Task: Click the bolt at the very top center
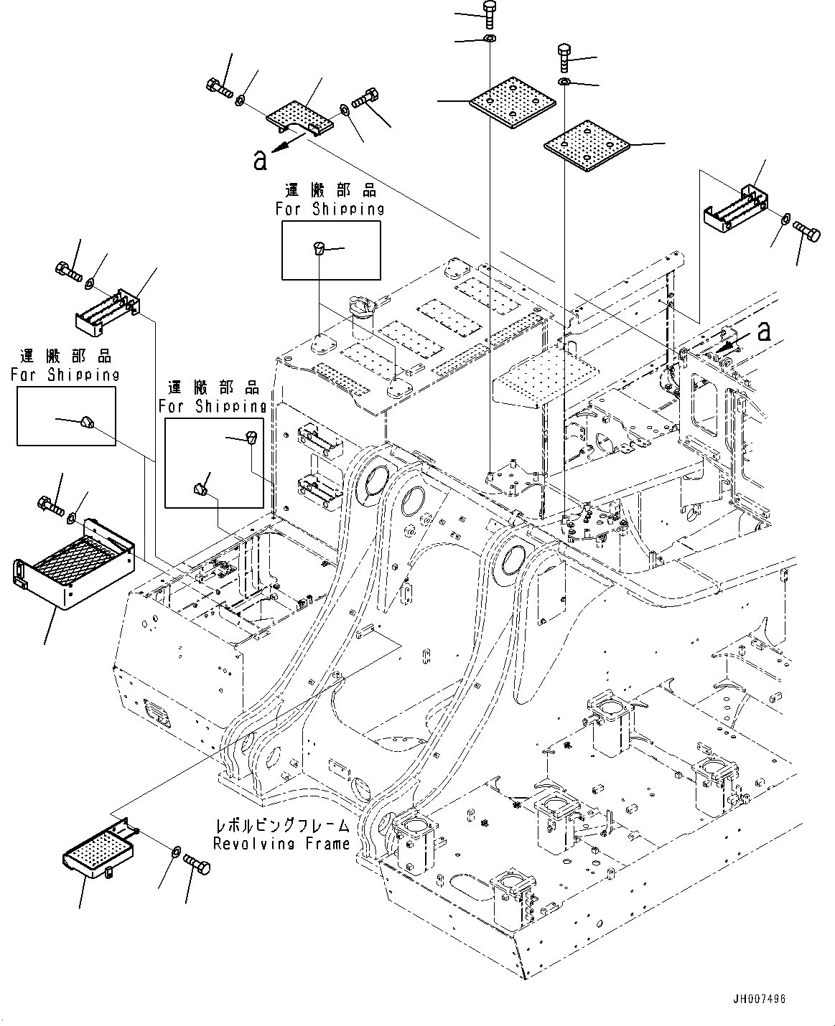coord(488,14)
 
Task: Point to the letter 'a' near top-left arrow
coord(260,160)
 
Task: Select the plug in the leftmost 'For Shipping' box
coord(87,422)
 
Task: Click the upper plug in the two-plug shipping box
coord(251,438)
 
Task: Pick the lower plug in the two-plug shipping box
coord(200,489)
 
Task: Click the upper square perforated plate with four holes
coord(513,102)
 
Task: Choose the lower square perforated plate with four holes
coord(587,146)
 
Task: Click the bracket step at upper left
coord(107,311)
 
